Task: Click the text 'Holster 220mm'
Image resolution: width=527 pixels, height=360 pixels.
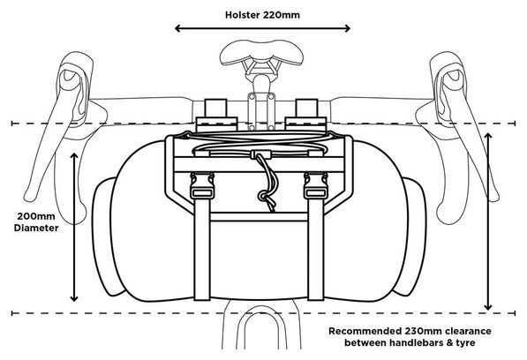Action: point(262,15)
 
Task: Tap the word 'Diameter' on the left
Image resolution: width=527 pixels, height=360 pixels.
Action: point(36,228)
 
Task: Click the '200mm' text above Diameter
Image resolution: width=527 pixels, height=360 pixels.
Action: point(36,216)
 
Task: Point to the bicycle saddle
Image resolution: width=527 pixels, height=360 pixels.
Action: point(261,52)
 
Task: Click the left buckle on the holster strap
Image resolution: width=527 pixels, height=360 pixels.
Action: point(201,185)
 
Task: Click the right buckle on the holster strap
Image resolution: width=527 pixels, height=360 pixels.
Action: point(316,185)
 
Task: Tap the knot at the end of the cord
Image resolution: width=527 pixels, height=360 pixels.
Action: point(264,197)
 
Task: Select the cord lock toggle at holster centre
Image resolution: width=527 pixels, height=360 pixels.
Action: point(260,154)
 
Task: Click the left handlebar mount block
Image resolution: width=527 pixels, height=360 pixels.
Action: point(216,115)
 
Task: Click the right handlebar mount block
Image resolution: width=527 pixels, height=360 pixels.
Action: point(305,115)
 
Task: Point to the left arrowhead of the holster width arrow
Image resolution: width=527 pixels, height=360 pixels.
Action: point(178,28)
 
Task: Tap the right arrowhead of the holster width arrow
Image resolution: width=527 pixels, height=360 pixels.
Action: point(347,28)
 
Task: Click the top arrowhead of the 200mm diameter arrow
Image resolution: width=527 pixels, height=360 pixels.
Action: point(74,156)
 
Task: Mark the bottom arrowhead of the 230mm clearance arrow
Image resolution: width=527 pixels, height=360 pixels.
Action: point(488,306)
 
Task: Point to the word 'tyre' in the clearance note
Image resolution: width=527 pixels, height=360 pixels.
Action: point(465,343)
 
